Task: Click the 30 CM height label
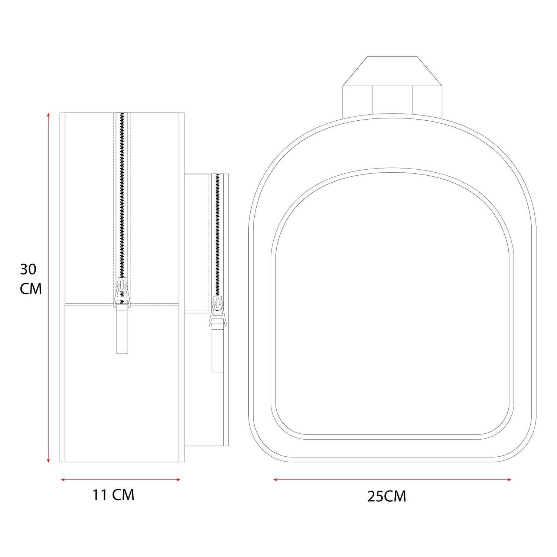click(31, 278)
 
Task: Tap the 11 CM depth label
click(113, 495)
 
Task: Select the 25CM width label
click(387, 496)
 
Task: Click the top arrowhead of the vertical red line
click(48, 115)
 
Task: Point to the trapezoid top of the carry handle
click(392, 71)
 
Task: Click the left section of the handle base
click(357, 100)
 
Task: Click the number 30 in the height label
click(28, 269)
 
